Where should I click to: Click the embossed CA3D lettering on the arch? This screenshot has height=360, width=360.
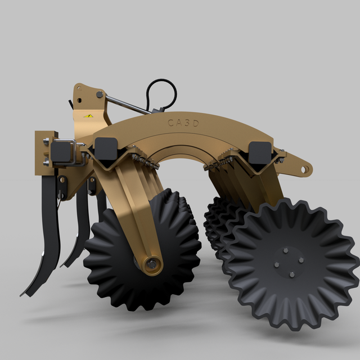(x=183, y=123)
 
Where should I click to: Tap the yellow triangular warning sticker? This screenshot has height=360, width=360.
(x=88, y=115)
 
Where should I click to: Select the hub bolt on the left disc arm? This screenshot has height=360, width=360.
(x=150, y=263)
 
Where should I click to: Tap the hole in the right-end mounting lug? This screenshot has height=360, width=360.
(x=304, y=168)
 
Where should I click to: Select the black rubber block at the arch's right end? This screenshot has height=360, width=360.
(x=259, y=151)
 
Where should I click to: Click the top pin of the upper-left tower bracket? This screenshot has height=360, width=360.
(x=100, y=94)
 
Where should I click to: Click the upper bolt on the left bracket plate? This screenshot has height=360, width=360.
(x=45, y=143)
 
